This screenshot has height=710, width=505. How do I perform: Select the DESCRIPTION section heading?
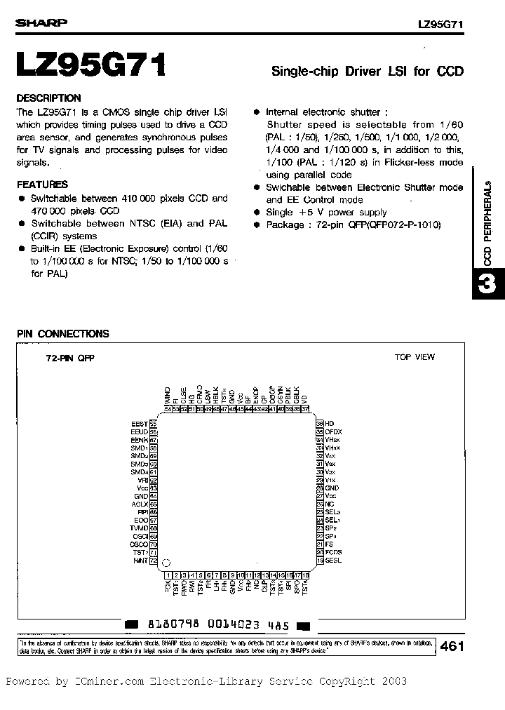(48, 98)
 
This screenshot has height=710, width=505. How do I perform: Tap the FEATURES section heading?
(42, 185)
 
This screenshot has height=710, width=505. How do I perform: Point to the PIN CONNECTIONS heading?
(62, 334)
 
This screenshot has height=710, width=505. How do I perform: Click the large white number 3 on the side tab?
(489, 286)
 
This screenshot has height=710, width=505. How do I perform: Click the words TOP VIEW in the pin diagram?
(415, 357)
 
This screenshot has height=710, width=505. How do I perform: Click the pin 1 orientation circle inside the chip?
(166, 562)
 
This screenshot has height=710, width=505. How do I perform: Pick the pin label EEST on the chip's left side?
(140, 424)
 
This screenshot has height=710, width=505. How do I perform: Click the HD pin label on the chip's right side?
(330, 424)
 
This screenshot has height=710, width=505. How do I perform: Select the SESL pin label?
(334, 561)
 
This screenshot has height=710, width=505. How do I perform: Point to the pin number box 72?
(153, 561)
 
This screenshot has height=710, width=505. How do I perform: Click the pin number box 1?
(168, 574)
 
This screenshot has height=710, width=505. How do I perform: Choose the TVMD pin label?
(139, 528)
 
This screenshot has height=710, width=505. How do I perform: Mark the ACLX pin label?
(140, 504)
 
